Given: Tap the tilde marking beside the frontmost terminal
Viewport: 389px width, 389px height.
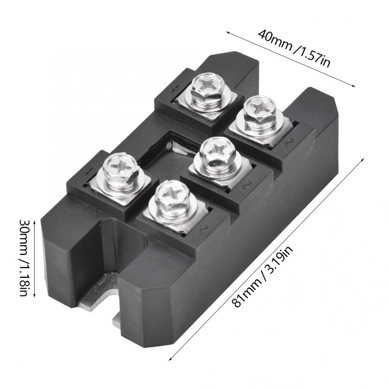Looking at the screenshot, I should [x=201, y=228].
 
